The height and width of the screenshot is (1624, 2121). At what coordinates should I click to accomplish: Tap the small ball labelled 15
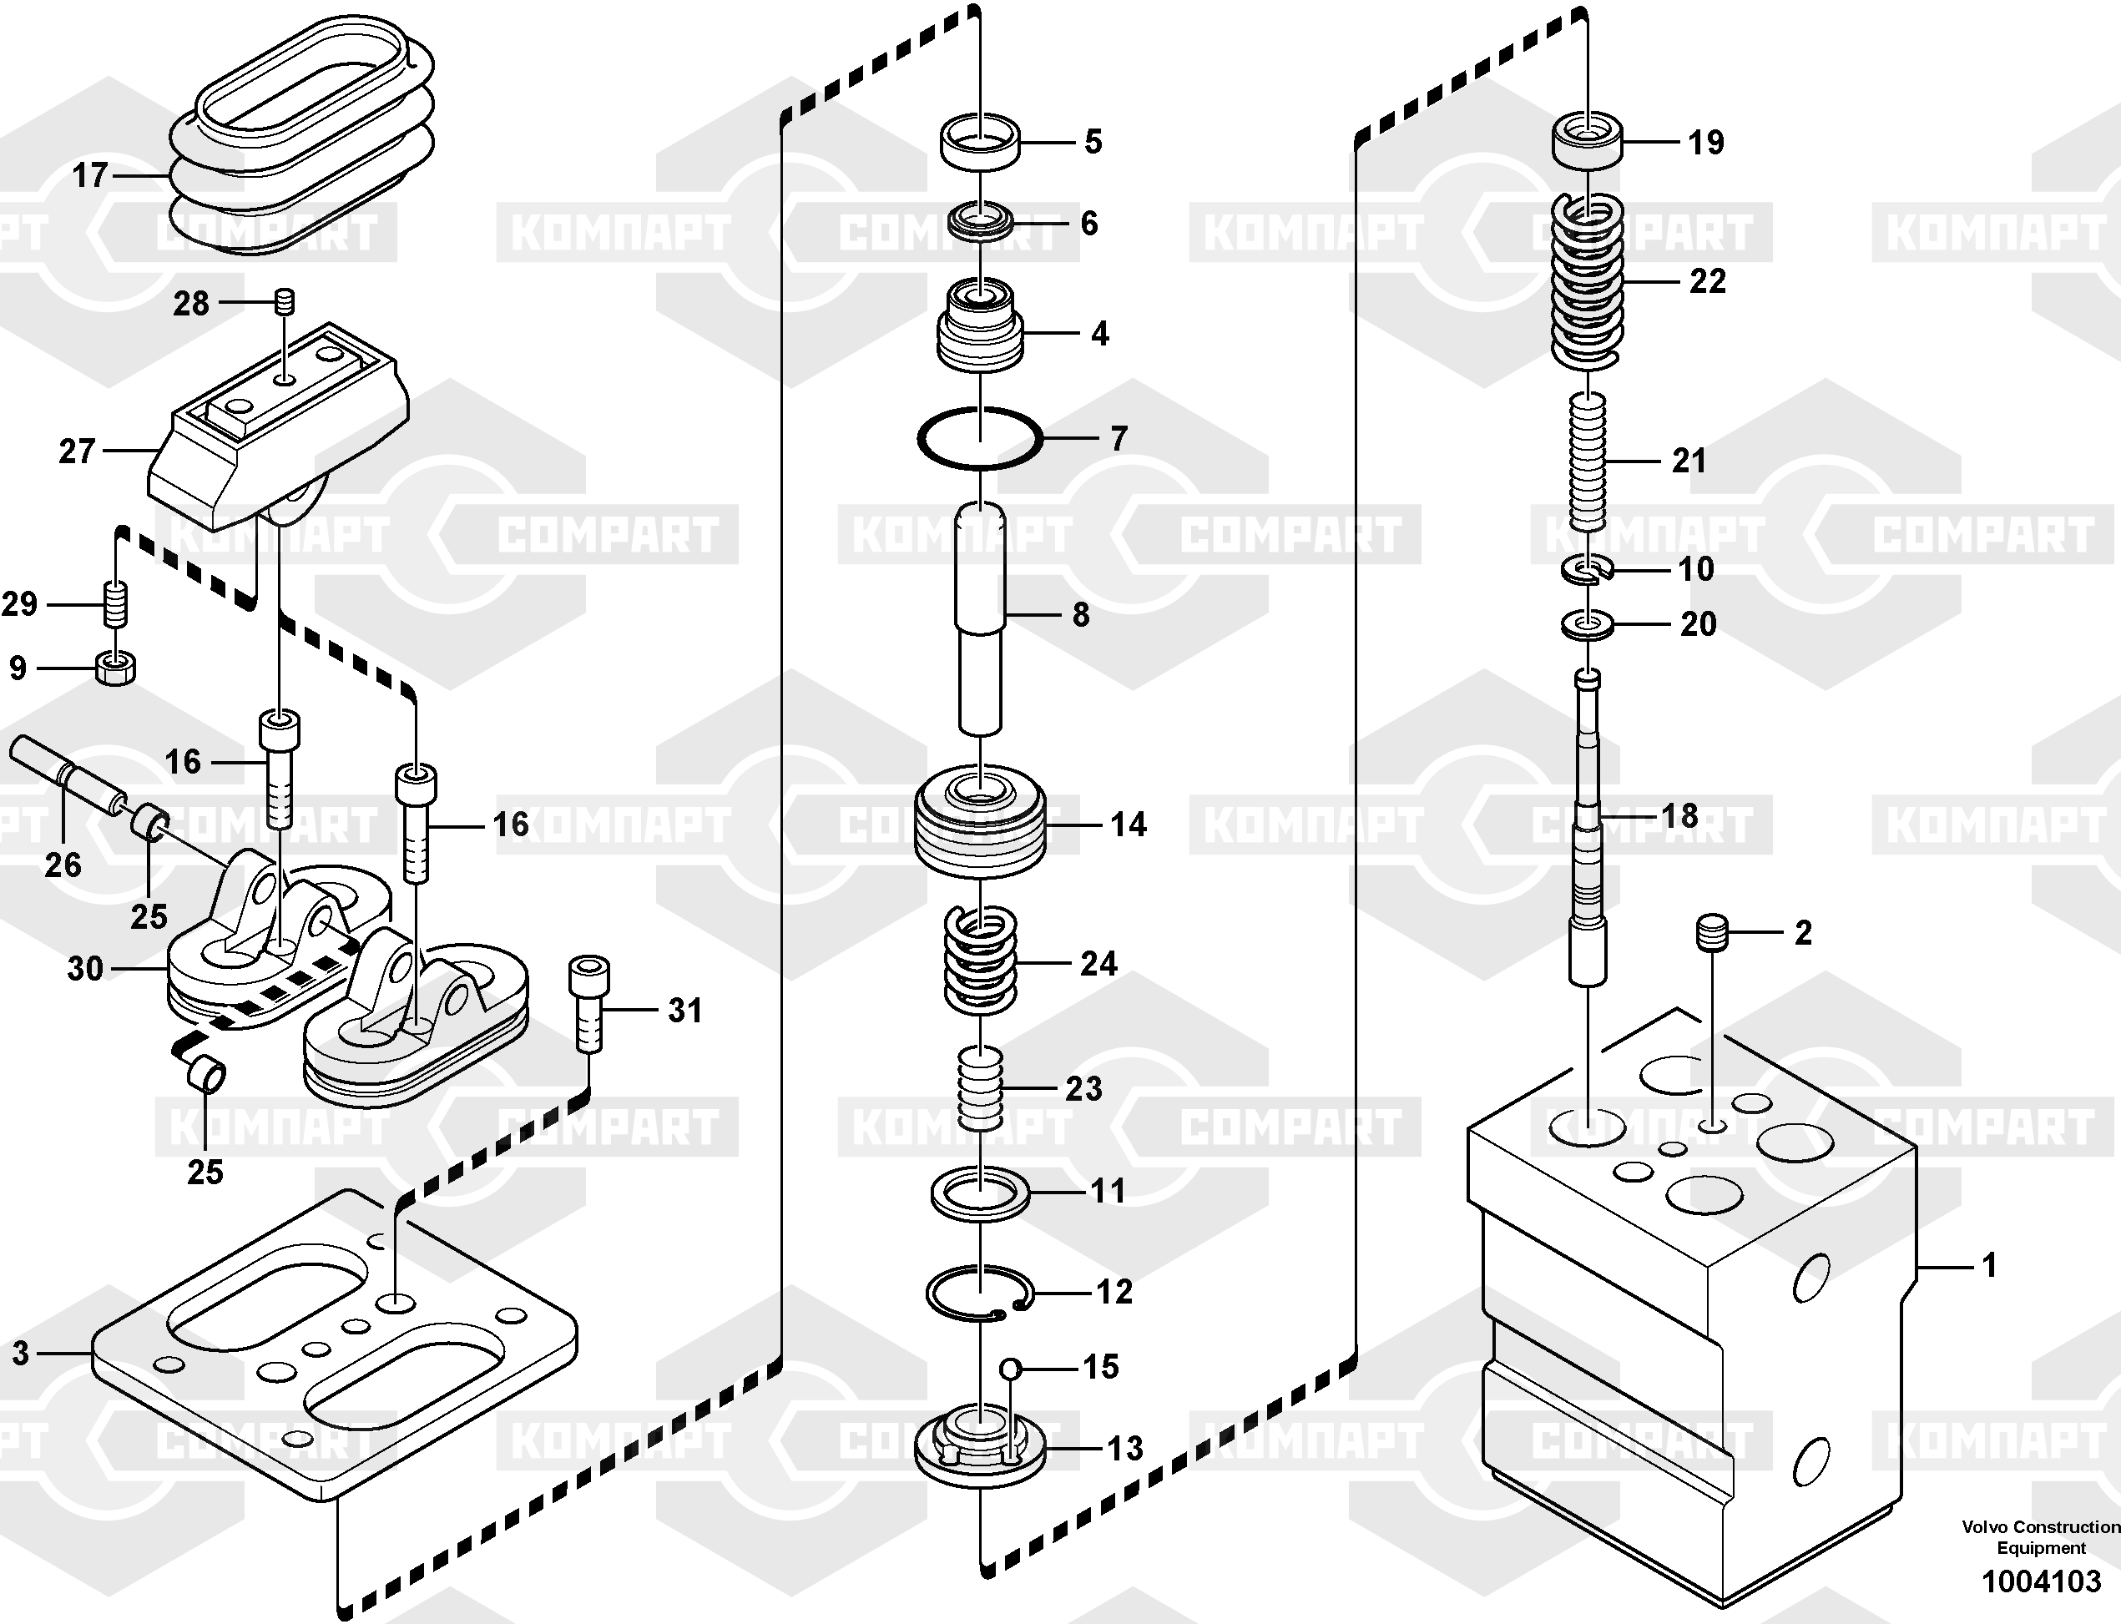[x=1010, y=1368]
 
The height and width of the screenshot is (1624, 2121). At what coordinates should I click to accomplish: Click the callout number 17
[x=90, y=176]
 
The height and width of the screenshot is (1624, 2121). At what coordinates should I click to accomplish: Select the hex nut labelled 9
[x=117, y=667]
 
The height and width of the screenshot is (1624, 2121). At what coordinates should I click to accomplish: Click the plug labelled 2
[x=1712, y=933]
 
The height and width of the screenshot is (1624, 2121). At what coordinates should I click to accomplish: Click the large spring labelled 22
[x=1588, y=282]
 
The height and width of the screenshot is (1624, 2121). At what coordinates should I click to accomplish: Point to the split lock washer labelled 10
[x=1588, y=572]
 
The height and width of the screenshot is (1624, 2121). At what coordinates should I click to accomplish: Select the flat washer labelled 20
[x=1588, y=625]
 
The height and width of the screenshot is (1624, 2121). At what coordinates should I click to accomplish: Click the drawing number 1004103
[x=2041, y=1582]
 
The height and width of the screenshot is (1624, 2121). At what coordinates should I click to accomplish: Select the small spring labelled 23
[x=979, y=1089]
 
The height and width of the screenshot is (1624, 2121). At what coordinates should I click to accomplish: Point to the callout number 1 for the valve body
[x=1989, y=1265]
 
